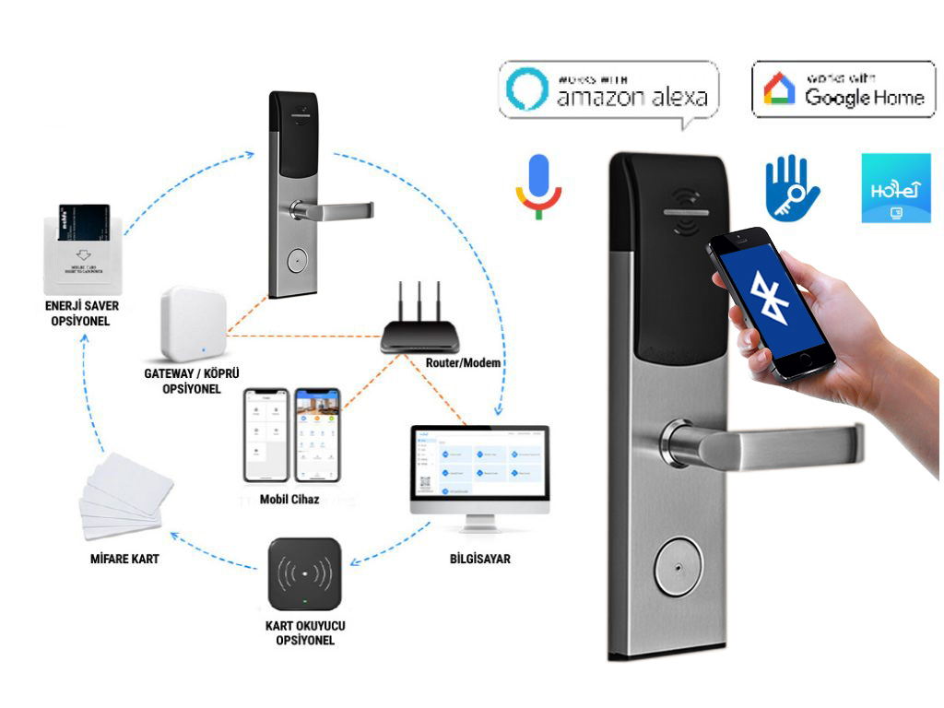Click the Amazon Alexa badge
tap(608, 89)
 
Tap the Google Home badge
tap(843, 89)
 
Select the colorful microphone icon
tap(538, 184)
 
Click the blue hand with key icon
tap(791, 188)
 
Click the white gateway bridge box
tap(193, 324)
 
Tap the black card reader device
tap(304, 574)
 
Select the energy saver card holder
tap(81, 243)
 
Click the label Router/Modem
tap(464, 363)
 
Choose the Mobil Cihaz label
tap(289, 499)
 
